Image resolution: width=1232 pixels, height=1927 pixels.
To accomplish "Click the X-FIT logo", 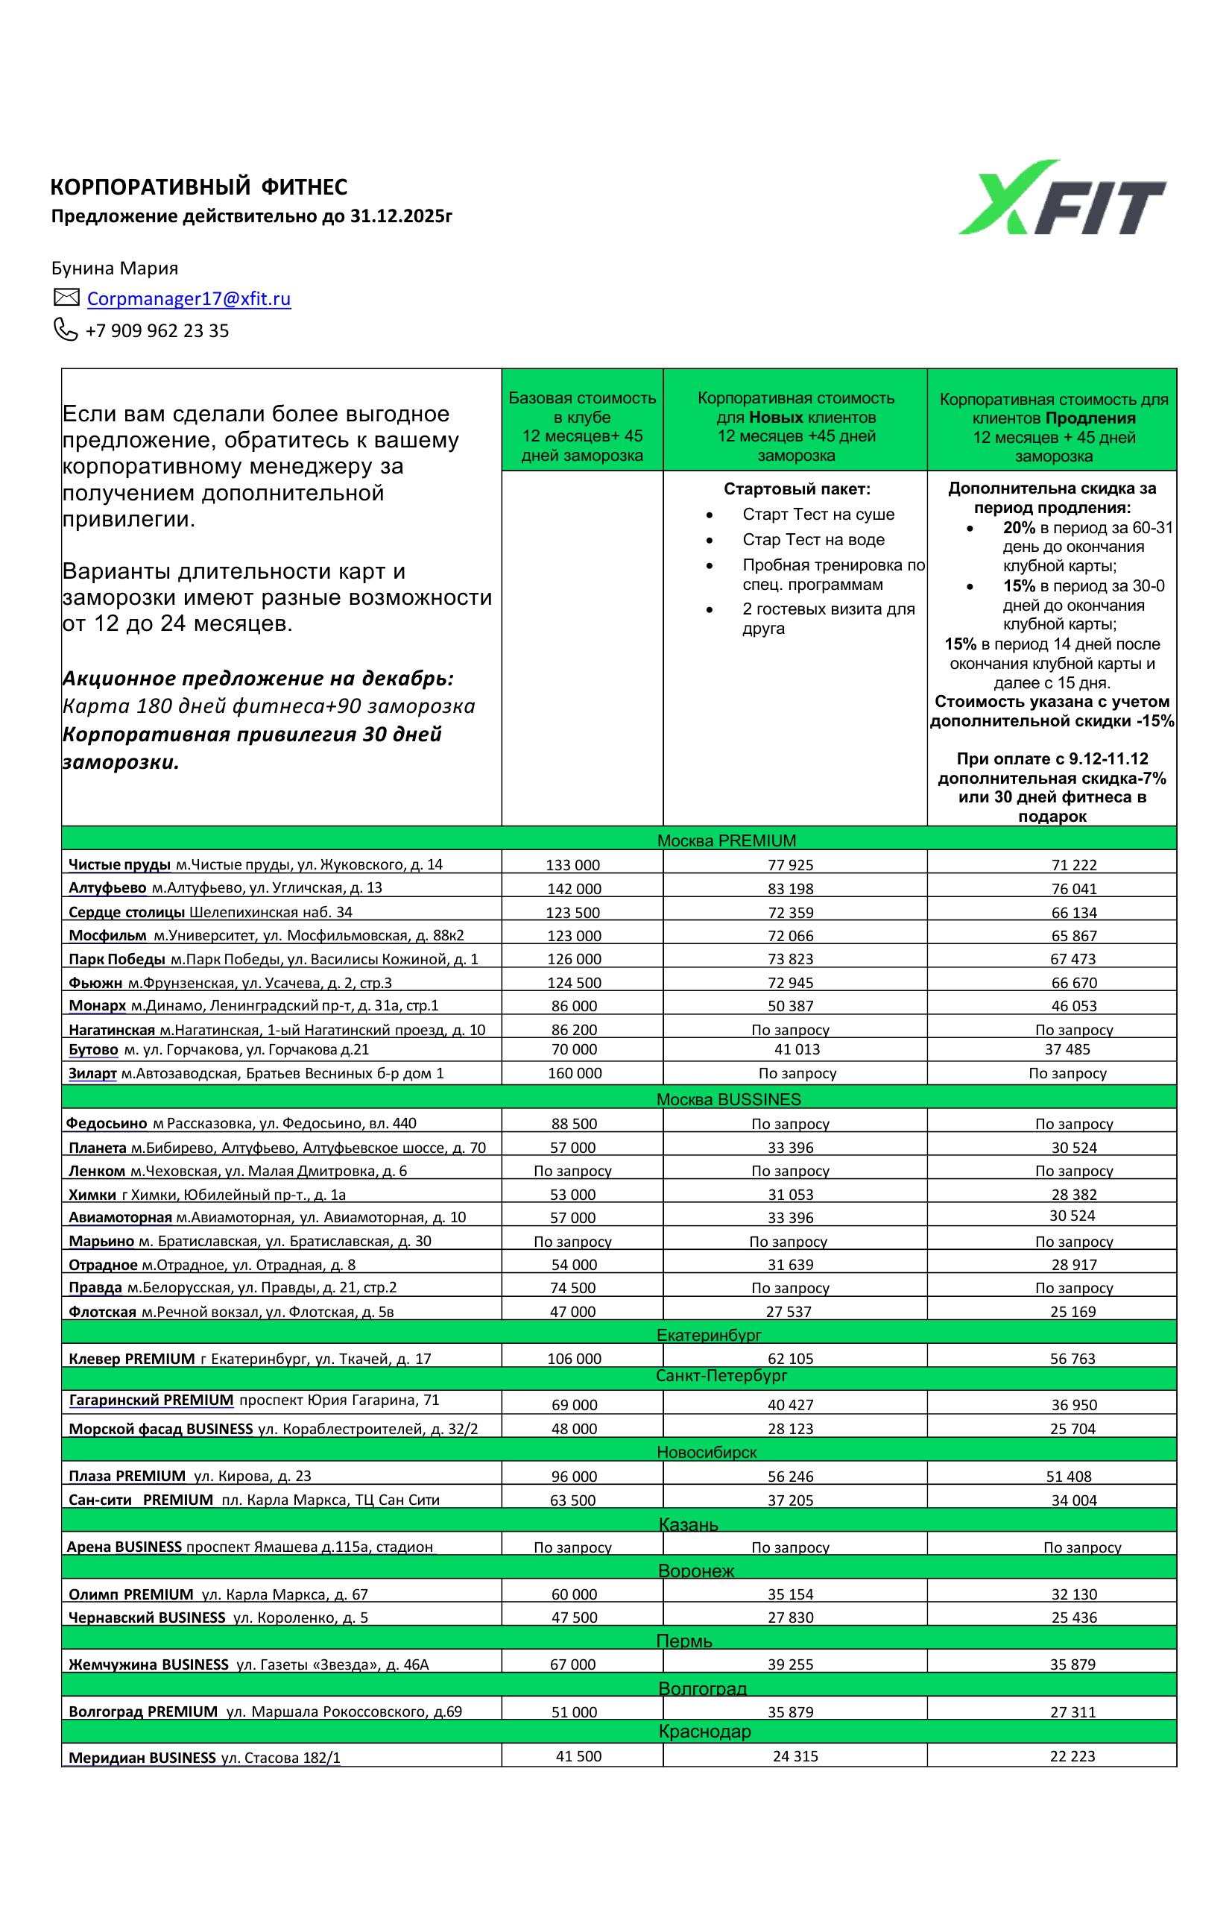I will tap(1061, 198).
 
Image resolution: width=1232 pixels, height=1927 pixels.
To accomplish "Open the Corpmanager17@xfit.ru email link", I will tap(189, 298).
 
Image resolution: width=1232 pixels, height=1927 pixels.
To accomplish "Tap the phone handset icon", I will tap(65, 329).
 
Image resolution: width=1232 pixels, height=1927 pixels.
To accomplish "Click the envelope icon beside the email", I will tap(66, 298).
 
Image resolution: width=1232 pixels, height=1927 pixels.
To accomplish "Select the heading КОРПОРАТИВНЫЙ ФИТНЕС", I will tap(199, 186).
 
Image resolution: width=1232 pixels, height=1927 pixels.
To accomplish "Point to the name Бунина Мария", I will tap(114, 268).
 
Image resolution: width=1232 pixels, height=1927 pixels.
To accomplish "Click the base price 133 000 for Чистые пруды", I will tap(573, 864).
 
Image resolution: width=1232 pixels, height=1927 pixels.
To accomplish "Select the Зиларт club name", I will tap(93, 1073).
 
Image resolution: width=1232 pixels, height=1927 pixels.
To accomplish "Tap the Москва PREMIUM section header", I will tap(727, 840).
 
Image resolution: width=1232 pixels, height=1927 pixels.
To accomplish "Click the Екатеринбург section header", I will tap(709, 1335).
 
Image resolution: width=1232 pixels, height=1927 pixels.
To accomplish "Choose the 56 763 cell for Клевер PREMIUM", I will tap(1073, 1358).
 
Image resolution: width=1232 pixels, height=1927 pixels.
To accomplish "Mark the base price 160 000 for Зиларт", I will tap(575, 1073).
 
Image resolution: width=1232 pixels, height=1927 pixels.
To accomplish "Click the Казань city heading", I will tap(688, 1524).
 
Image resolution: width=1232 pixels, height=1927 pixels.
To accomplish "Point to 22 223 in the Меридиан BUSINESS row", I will tap(1073, 1755).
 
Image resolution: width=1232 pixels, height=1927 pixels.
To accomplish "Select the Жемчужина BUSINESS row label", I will tap(149, 1664).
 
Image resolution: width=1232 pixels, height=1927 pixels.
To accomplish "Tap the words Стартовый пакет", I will tap(797, 489).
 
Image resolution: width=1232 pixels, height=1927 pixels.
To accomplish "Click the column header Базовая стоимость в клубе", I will tap(582, 407).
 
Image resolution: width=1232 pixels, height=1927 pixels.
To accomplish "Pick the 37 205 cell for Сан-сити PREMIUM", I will tap(790, 1500).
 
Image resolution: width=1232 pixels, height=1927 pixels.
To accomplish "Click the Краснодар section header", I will tap(705, 1732).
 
